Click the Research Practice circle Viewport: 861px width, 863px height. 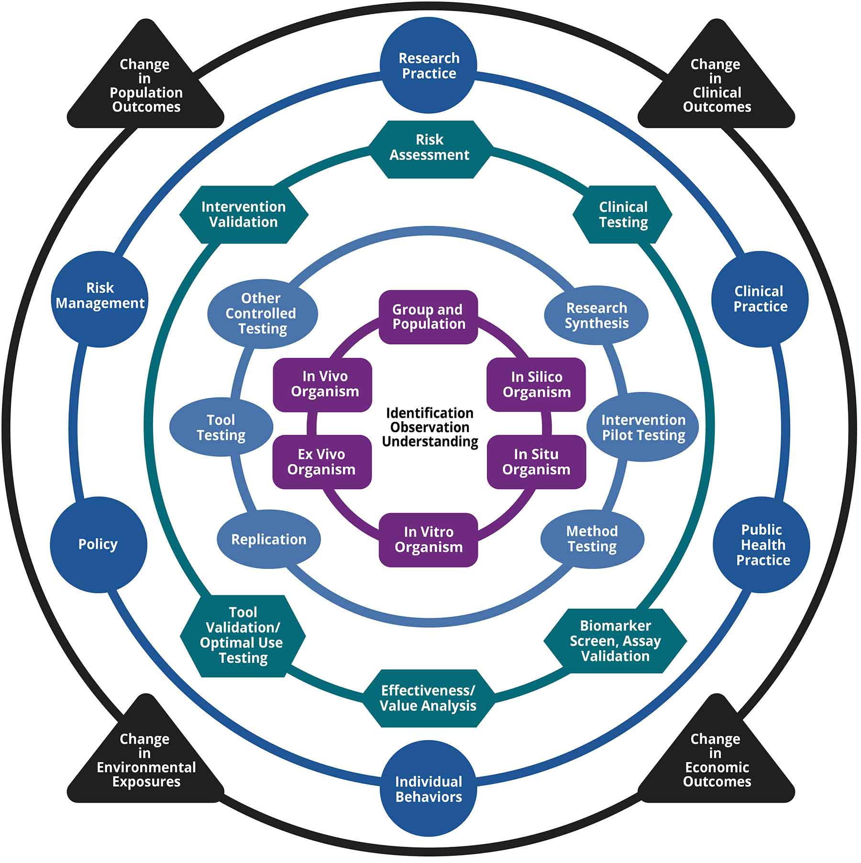click(x=428, y=66)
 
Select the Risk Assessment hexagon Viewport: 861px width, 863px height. click(x=429, y=148)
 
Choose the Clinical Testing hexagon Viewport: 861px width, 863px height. click(x=622, y=215)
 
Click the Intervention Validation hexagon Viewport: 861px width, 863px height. click(x=243, y=215)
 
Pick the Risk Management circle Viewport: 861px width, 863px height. click(x=99, y=296)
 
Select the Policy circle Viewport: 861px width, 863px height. click(x=98, y=545)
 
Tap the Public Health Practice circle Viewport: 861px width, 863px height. click(x=762, y=545)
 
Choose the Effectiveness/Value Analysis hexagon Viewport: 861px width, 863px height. click(x=428, y=699)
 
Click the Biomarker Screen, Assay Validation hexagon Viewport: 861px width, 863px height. click(x=615, y=641)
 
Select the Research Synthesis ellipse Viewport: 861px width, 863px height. click(x=596, y=316)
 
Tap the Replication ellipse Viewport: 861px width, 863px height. click(x=268, y=540)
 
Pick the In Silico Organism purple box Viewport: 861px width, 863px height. click(x=536, y=385)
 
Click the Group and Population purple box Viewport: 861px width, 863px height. click(x=428, y=317)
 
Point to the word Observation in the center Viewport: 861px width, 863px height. click(x=430, y=427)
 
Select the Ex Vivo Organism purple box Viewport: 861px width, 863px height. click(x=321, y=462)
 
